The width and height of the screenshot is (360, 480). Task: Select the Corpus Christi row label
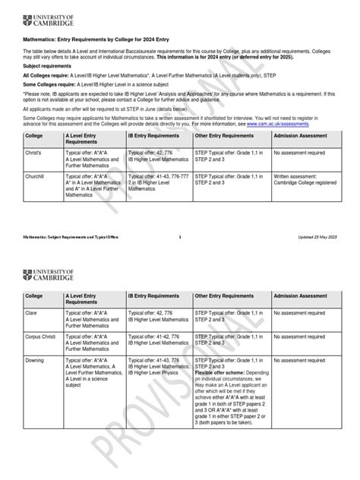tap(43, 335)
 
